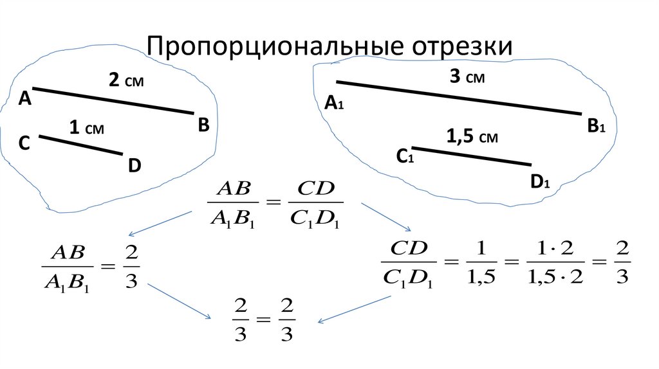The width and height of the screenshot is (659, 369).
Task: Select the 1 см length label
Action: (86, 129)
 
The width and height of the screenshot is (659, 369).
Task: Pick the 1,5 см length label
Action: (472, 136)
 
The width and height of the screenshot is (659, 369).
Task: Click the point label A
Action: (25, 98)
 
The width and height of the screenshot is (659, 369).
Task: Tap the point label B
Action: (203, 125)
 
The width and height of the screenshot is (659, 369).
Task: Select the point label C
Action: (24, 143)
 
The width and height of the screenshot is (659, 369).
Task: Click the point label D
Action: (134, 166)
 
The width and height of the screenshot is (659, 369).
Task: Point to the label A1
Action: (334, 104)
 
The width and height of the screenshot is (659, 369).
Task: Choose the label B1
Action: (595, 127)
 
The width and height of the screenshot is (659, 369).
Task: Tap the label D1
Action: (539, 183)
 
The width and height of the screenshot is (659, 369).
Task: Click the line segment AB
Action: (113, 101)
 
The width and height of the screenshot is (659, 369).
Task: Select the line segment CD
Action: (80, 145)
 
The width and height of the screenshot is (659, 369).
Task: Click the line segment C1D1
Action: (472, 156)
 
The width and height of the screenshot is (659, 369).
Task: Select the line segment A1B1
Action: (459, 98)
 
